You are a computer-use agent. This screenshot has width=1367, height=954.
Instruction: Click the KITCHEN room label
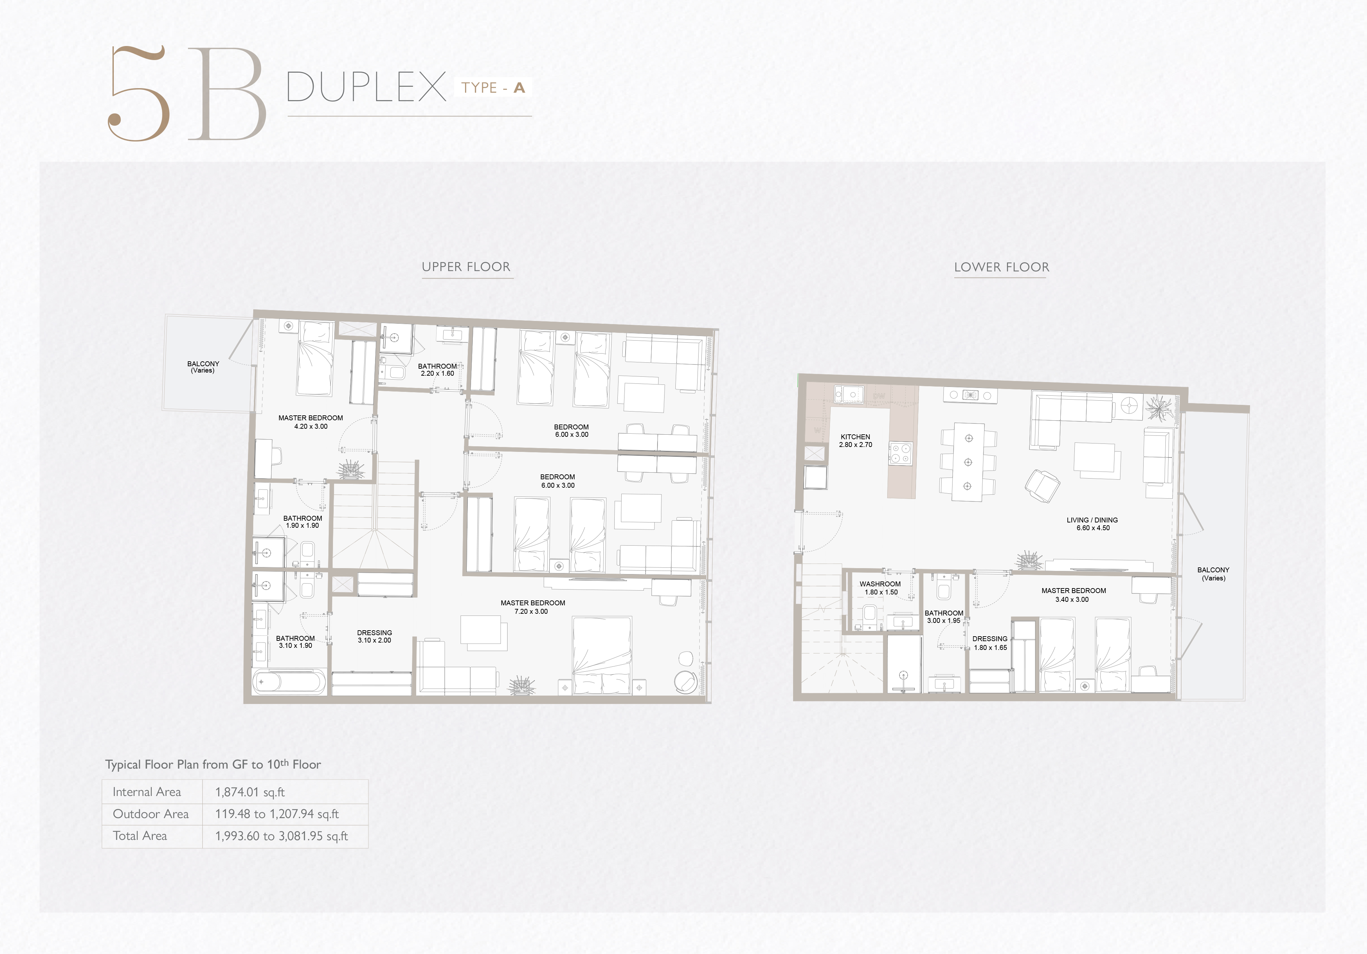click(x=856, y=437)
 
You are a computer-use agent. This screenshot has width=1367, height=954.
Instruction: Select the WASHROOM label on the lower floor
click(x=880, y=584)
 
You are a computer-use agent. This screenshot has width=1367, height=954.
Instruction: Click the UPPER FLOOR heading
click(x=466, y=267)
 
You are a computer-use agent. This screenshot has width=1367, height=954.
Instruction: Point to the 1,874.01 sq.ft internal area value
click(x=250, y=792)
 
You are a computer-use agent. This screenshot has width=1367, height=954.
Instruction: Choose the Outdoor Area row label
click(x=151, y=814)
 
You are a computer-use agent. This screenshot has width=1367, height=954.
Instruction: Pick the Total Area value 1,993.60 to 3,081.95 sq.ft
click(x=282, y=836)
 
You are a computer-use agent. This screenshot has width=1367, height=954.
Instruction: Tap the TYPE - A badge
click(x=493, y=87)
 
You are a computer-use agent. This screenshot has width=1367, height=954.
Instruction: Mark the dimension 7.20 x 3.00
click(x=531, y=611)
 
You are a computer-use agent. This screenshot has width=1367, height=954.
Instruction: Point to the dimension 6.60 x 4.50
click(x=1093, y=528)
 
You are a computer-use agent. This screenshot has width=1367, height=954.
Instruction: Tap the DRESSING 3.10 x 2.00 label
click(x=374, y=636)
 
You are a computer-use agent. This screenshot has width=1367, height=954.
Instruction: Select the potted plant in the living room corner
click(x=1159, y=408)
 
